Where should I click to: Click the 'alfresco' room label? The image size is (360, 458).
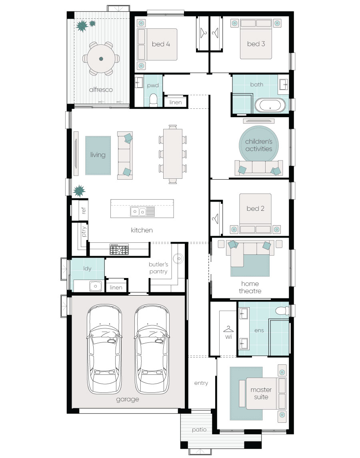(x=101, y=90)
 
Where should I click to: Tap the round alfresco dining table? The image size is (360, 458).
(x=101, y=58)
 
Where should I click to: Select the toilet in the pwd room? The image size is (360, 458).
(x=154, y=100)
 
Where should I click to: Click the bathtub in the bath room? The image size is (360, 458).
(x=270, y=105)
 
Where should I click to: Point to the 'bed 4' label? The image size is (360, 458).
(x=161, y=44)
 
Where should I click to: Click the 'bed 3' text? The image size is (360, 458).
(x=256, y=44)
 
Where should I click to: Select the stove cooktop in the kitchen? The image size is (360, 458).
(x=119, y=250)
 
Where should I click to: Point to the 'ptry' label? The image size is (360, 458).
(x=84, y=231)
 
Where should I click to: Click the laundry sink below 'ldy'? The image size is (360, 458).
(x=96, y=286)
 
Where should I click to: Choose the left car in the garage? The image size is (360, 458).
(x=104, y=349)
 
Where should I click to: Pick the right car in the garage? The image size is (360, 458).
(x=152, y=349)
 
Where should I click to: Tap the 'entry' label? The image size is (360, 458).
(x=201, y=383)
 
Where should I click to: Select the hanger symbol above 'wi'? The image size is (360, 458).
(x=228, y=329)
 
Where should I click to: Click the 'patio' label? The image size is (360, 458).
(x=199, y=430)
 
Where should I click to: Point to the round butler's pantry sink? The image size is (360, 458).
(x=178, y=258)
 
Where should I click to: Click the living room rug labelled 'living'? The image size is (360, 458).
(x=98, y=155)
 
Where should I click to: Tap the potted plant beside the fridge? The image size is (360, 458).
(x=79, y=191)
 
